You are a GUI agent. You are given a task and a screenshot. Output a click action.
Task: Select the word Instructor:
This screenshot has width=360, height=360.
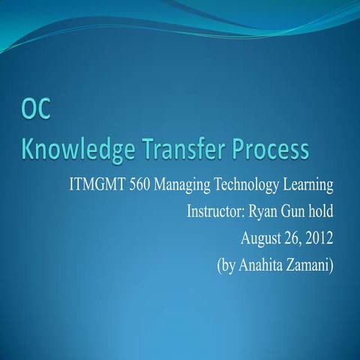click(x=217, y=213)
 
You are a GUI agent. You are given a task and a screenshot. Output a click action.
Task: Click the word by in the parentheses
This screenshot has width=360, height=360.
click(x=228, y=266)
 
